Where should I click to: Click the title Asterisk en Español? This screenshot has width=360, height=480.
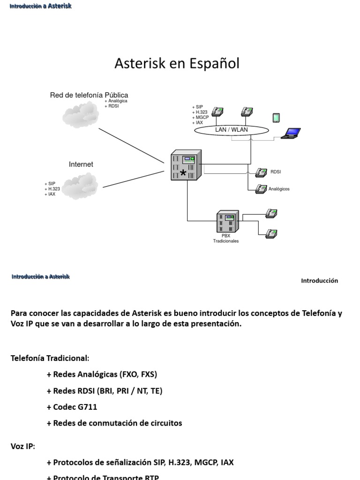pos(177,64)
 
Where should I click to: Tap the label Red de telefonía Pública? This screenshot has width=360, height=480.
pos(89,95)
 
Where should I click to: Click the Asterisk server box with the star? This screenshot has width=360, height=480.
pos(186,165)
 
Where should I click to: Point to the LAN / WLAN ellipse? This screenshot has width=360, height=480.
pos(231,130)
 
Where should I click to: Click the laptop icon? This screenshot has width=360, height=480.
pos(291,134)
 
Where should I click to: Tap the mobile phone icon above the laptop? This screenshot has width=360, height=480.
pos(276,118)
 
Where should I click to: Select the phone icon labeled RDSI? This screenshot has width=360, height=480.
pos(261,172)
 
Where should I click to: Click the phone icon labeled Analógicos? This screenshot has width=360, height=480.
pos(261,189)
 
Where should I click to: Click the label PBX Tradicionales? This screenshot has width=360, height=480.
pos(226,239)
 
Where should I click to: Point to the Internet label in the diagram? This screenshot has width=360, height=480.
pos(81,165)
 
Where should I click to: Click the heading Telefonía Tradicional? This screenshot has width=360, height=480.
pos(50,358)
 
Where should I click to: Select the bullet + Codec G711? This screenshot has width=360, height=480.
pos(72,407)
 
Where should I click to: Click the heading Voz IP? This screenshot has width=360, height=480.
pos(23,446)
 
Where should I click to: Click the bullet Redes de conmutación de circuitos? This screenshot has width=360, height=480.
pos(114,423)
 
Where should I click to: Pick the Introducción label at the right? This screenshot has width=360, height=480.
pos(319,281)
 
